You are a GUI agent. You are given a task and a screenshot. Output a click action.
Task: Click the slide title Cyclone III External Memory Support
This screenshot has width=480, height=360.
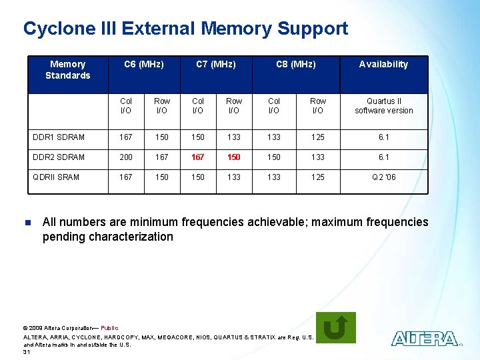(x=185, y=29)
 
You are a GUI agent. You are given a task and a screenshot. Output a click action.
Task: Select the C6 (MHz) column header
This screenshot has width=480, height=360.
(x=144, y=65)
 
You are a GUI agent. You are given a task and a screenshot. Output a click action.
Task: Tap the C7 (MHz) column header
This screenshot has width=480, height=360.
(x=215, y=65)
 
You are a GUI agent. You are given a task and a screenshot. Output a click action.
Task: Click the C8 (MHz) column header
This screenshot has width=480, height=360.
(x=296, y=65)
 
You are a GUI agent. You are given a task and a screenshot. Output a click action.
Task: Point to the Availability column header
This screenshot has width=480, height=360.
(x=383, y=65)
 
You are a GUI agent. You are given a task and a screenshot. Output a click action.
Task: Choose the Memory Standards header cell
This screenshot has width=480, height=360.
(x=67, y=70)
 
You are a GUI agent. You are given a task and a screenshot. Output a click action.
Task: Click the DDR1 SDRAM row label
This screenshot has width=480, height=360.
(x=59, y=137)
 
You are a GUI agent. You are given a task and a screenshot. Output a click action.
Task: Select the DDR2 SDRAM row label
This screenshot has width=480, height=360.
(x=59, y=157)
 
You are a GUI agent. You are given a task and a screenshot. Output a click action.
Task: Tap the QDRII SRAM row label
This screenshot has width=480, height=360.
(x=56, y=177)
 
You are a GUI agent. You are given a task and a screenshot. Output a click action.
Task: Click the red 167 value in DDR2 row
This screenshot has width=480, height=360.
(x=198, y=157)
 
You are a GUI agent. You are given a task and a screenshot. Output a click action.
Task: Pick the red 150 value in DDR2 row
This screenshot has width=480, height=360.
(x=234, y=157)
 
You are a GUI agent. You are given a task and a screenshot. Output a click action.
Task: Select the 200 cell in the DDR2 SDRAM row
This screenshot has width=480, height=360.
(x=126, y=157)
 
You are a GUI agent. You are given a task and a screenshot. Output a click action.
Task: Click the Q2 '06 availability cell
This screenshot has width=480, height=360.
(x=383, y=177)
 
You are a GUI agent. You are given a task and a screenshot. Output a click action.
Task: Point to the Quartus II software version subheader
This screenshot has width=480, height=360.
(x=383, y=106)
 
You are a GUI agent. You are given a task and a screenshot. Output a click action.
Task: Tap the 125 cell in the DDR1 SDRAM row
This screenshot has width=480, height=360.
(x=318, y=137)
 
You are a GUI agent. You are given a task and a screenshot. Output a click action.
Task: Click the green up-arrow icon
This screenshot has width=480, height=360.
(x=335, y=327)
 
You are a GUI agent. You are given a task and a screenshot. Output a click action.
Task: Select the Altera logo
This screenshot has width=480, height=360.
(x=425, y=339)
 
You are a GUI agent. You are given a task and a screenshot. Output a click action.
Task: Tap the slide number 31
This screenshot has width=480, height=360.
(x=27, y=352)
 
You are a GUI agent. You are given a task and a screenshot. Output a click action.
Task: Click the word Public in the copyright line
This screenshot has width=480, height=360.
(x=109, y=327)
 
